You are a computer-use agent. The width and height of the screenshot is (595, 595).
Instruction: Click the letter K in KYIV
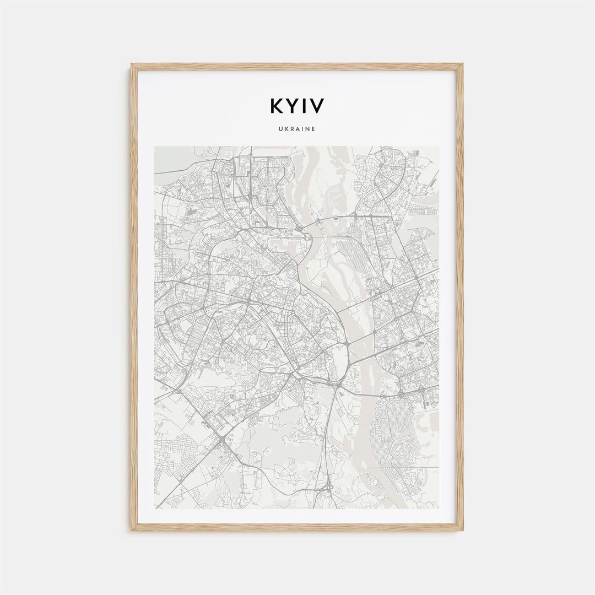(277, 106)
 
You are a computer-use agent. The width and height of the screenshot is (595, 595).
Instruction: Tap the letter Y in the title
(294, 106)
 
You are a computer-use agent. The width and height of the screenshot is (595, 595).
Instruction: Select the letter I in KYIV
(305, 106)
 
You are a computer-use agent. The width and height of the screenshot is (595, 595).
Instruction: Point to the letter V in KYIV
(317, 106)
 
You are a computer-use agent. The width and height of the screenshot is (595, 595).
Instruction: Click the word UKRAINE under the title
(297, 129)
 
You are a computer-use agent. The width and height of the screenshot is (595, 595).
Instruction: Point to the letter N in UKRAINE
(307, 129)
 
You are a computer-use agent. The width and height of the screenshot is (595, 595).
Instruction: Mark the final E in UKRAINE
(313, 129)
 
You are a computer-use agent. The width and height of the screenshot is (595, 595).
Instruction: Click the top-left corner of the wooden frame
(132, 64)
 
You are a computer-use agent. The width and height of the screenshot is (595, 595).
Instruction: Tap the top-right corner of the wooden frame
(462, 64)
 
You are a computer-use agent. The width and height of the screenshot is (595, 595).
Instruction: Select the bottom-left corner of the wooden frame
(132, 530)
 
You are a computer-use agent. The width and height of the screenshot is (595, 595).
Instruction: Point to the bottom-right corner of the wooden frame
(462, 530)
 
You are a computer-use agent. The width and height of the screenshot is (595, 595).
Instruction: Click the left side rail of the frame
(134, 297)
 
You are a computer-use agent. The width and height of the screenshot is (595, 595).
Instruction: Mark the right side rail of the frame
(460, 297)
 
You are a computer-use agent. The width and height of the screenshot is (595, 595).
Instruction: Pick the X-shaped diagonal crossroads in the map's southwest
(220, 440)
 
